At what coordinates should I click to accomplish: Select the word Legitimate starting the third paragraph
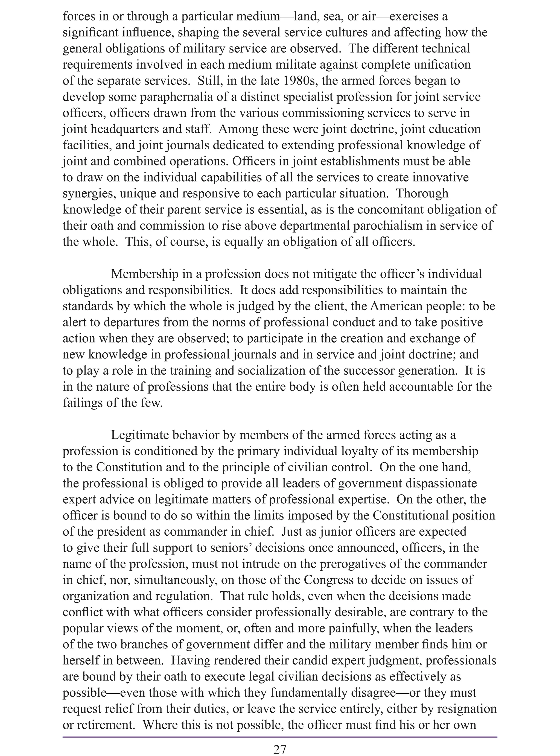click(x=139, y=435)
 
